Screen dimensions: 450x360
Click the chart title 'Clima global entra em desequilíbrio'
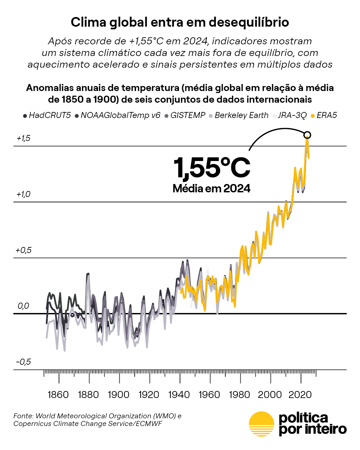pos(180,22)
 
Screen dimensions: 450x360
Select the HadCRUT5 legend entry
pos(47,115)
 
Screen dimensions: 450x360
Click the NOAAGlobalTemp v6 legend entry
pos(118,115)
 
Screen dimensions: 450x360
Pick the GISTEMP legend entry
pos(185,115)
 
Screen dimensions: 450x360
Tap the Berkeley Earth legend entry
pos(239,115)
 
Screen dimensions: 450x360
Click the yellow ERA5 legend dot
pos(313,116)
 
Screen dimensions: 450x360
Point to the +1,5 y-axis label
pos(24,138)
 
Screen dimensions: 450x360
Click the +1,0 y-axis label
pos(24,194)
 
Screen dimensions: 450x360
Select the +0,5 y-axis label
pos(24,250)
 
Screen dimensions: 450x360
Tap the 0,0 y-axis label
pos(23,306)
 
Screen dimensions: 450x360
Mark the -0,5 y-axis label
pos(24,362)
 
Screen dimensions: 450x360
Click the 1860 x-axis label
pos(58,395)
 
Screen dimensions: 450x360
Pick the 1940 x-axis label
pos(179,395)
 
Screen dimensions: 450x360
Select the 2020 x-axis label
pos(300,395)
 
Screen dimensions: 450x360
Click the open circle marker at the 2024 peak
pos(307,135)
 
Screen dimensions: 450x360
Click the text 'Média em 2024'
pos(211,189)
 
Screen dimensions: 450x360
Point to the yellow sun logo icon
pos(261,424)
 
